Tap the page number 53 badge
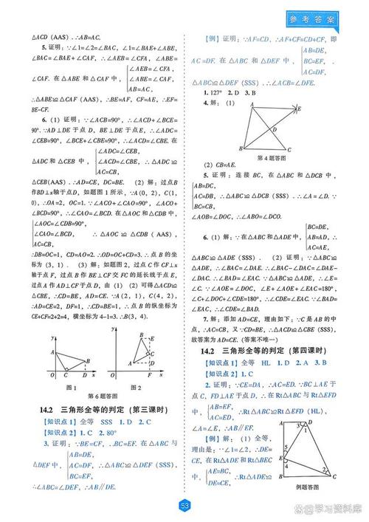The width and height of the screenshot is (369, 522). [184, 505]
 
